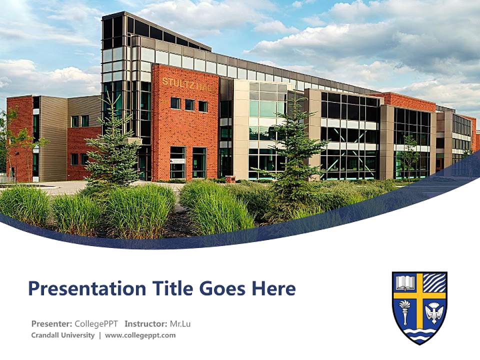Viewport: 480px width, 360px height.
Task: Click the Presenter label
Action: pyautogui.click(x=51, y=323)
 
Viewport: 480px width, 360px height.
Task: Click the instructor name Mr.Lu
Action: pyautogui.click(x=180, y=323)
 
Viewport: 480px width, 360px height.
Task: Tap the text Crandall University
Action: pyautogui.click(x=62, y=335)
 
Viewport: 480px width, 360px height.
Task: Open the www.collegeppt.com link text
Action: pyautogui.click(x=140, y=335)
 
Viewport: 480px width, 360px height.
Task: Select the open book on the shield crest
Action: pyautogui.click(x=405, y=283)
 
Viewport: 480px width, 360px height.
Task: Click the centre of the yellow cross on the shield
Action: pyautogui.click(x=419, y=295)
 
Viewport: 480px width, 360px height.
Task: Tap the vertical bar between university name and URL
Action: pyautogui.click(x=99, y=335)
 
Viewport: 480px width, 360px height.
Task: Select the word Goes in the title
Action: pyautogui.click(x=222, y=289)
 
